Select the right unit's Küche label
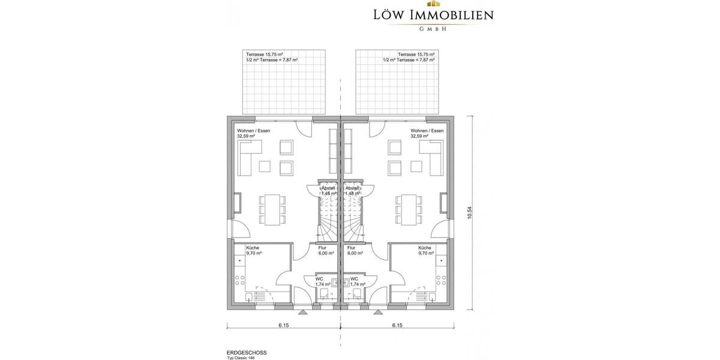point(425,247)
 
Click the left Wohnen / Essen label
point(253,130)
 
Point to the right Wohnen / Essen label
point(427,130)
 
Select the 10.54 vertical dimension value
point(470,213)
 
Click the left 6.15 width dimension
point(284,326)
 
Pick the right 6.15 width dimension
point(397,326)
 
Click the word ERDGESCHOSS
point(247,352)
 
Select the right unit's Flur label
point(352,247)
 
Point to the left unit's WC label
point(320,279)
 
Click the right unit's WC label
point(354,279)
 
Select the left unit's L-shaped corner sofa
point(251,158)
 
